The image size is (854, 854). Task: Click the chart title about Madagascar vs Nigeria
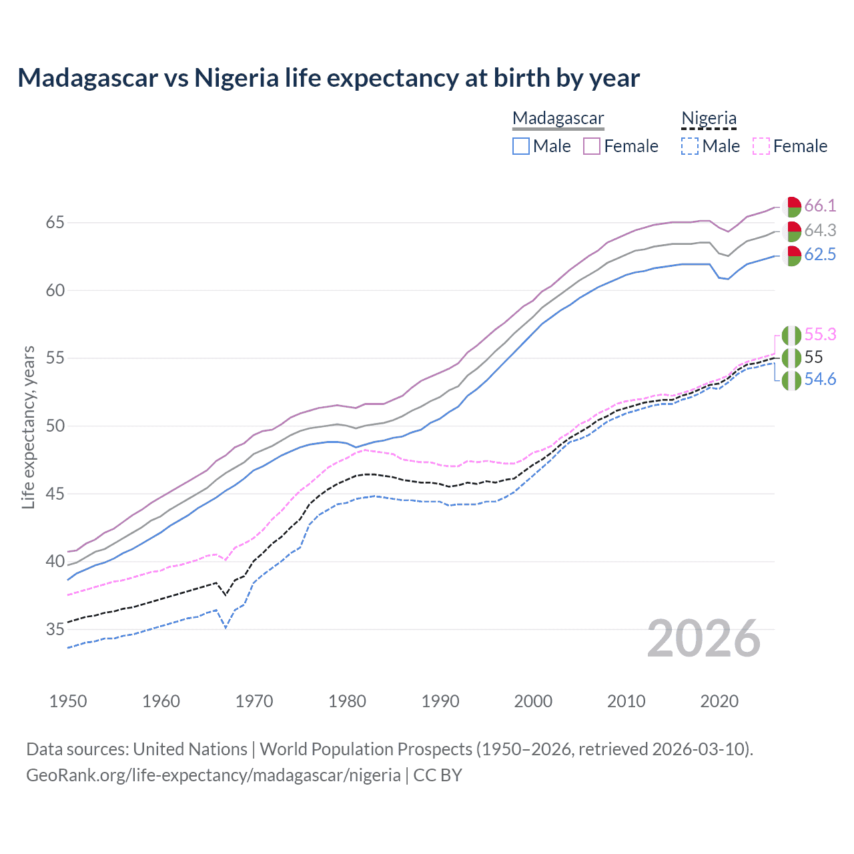click(328, 78)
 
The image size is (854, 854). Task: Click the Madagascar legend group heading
click(558, 119)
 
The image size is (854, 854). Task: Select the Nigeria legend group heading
click(709, 119)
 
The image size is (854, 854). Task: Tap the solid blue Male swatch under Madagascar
click(521, 146)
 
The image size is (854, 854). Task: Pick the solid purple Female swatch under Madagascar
click(592, 146)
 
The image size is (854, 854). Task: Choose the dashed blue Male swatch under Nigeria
click(690, 146)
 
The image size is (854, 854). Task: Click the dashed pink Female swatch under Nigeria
click(761, 146)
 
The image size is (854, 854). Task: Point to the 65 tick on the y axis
click(55, 222)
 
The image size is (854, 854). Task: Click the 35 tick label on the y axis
click(55, 629)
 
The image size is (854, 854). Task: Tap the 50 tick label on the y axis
click(55, 426)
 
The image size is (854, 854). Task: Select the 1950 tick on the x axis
click(69, 701)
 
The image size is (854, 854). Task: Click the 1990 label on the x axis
click(440, 701)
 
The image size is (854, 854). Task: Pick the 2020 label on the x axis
click(719, 701)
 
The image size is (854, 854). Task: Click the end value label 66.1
click(820, 205)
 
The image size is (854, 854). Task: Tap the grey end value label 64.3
click(820, 230)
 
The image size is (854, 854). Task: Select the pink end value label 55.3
click(820, 334)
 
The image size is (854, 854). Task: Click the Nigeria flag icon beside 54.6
click(791, 380)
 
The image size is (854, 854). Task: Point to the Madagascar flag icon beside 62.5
click(791, 256)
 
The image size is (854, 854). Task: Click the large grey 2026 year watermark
click(703, 639)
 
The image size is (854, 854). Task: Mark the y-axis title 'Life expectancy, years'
click(29, 427)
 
